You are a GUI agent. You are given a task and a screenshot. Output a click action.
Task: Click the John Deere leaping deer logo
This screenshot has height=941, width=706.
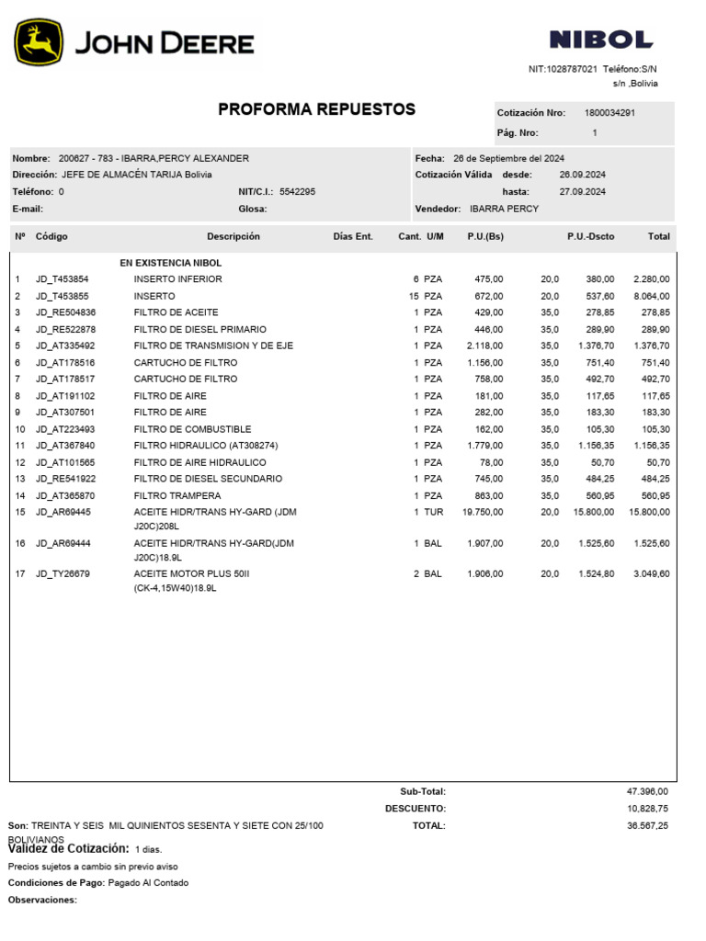(39, 43)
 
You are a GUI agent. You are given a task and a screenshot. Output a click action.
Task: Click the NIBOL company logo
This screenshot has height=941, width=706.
(600, 40)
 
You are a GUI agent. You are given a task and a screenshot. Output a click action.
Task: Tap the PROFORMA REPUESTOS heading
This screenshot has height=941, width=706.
(316, 109)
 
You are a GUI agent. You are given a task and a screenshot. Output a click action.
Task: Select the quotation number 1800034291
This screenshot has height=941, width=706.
(609, 113)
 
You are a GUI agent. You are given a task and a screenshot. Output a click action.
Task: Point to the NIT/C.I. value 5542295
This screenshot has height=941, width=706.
(297, 192)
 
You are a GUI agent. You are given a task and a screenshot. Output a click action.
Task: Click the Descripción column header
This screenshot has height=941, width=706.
(233, 236)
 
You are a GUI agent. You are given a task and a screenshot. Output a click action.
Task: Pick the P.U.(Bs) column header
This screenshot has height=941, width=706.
(484, 236)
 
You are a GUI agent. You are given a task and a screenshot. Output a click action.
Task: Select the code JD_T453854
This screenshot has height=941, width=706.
(63, 279)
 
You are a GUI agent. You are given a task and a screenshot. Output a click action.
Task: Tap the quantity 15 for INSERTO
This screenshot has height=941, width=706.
(414, 296)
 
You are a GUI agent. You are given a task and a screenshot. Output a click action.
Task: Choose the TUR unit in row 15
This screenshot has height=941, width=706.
(433, 512)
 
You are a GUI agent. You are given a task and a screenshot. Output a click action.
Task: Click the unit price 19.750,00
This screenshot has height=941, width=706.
(482, 512)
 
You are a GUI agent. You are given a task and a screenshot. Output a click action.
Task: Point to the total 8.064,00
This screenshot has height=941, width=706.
(651, 296)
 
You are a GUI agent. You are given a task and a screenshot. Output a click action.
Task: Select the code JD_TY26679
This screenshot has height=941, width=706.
(63, 574)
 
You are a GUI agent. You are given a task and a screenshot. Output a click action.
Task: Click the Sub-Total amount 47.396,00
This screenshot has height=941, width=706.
(647, 791)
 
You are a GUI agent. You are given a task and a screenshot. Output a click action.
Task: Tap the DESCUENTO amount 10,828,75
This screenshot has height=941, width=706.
(647, 809)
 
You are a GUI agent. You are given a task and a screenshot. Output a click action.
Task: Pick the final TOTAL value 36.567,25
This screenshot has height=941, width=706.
(647, 826)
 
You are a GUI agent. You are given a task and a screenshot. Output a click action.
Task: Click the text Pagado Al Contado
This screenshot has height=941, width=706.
(148, 883)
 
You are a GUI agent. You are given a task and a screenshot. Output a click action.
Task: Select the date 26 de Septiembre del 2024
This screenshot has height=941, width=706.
(508, 158)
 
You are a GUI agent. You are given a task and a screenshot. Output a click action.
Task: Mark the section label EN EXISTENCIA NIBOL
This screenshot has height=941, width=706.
(170, 263)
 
